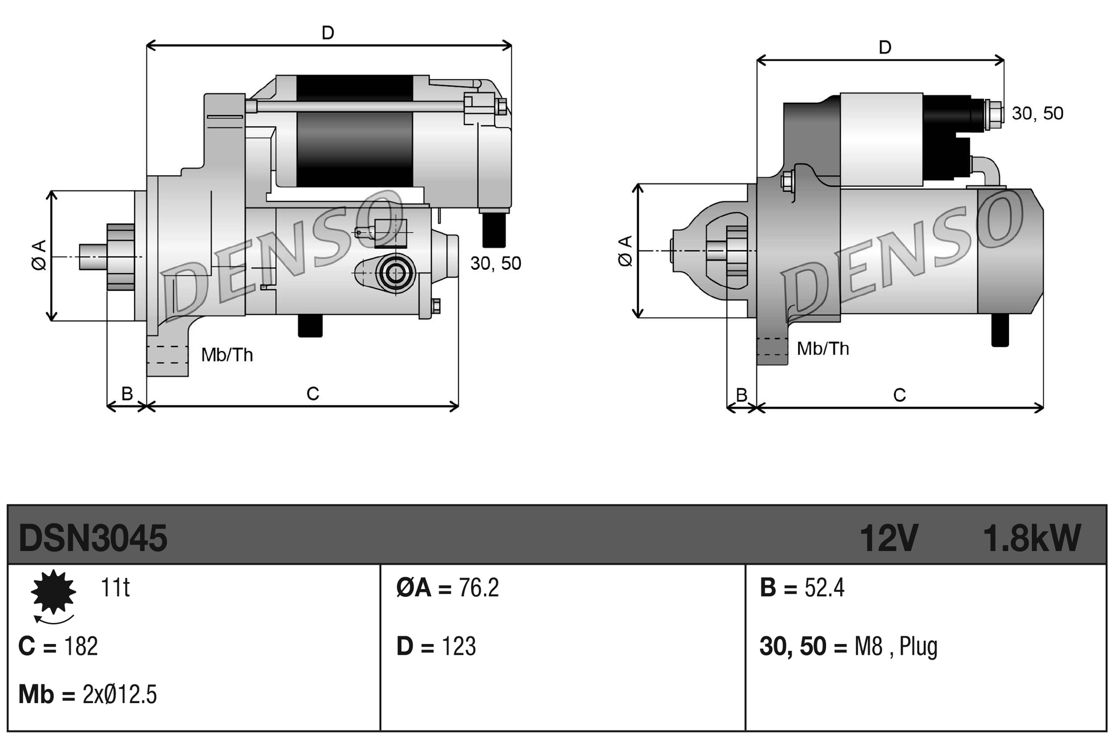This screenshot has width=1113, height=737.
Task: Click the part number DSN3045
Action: [92, 538]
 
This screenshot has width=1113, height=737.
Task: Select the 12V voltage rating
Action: [888, 538]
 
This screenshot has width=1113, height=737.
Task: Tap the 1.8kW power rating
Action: [1031, 538]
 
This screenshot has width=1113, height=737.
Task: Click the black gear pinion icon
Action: [53, 592]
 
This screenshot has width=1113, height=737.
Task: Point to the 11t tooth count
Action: [115, 588]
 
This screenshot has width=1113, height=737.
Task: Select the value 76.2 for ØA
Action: [479, 588]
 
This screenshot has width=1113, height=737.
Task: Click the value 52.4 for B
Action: [824, 588]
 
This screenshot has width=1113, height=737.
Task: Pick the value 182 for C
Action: [81, 646]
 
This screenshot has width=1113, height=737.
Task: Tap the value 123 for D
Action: [459, 646]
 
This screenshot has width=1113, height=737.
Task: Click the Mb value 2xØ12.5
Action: [120, 695]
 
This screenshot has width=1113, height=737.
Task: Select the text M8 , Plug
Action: [895, 646]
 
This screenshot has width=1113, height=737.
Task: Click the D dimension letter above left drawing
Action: [328, 33]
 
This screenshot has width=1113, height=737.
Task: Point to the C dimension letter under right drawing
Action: [899, 395]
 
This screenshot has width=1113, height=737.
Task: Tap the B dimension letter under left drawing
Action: [127, 393]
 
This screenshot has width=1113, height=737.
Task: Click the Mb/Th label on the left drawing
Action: [227, 354]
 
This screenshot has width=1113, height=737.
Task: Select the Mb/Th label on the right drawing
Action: [823, 349]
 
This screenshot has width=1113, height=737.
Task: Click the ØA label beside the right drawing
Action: [626, 251]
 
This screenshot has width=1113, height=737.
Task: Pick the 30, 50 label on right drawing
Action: [1037, 113]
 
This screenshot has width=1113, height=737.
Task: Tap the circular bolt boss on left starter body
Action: [396, 273]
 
